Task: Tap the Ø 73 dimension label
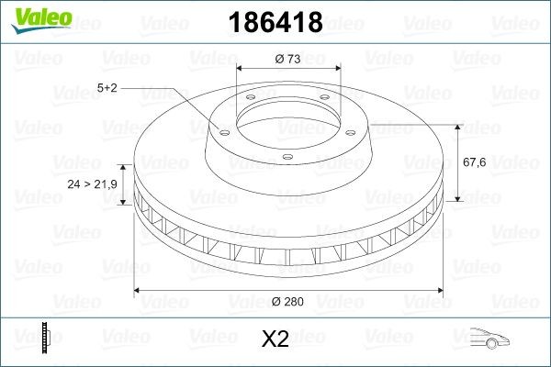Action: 287,59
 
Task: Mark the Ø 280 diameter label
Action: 287,301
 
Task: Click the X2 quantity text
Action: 275,339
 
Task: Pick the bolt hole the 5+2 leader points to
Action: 221,129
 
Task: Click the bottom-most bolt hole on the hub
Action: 287,157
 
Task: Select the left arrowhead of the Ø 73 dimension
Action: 241,69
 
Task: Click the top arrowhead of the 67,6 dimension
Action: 455,126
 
